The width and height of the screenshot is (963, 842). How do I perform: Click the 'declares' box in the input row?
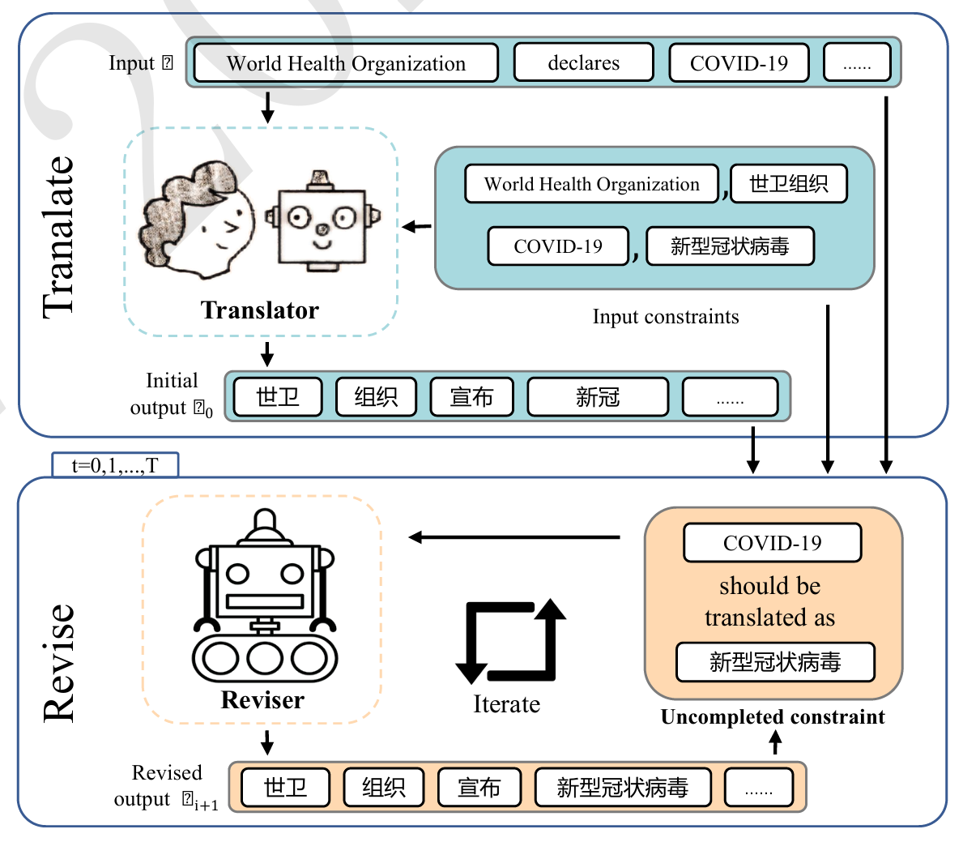[x=583, y=63]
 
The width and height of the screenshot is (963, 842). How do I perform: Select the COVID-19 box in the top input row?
[x=739, y=63]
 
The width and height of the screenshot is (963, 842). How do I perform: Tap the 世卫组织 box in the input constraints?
[x=788, y=184]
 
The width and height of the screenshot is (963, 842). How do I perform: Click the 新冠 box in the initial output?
[x=598, y=397]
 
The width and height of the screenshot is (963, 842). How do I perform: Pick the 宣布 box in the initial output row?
[x=471, y=397]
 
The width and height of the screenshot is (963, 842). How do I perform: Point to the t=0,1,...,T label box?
[x=115, y=465]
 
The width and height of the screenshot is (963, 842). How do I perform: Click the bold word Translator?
[x=260, y=310]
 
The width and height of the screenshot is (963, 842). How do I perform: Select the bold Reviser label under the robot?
[x=262, y=700]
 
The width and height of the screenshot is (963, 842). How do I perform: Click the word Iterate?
[x=506, y=704]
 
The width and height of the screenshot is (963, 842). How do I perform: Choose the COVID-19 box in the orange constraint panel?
[x=772, y=543]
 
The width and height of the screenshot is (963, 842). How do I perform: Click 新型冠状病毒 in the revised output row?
[x=622, y=788]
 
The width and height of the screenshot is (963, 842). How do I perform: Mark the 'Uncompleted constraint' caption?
[x=773, y=717]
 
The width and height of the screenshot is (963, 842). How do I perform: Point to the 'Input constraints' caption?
[x=666, y=317]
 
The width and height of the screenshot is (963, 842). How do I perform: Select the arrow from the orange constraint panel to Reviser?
[x=515, y=537]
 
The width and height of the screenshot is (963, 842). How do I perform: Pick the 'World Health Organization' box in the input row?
[x=346, y=63]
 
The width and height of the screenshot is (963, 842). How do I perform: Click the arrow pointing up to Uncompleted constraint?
[x=775, y=742]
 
